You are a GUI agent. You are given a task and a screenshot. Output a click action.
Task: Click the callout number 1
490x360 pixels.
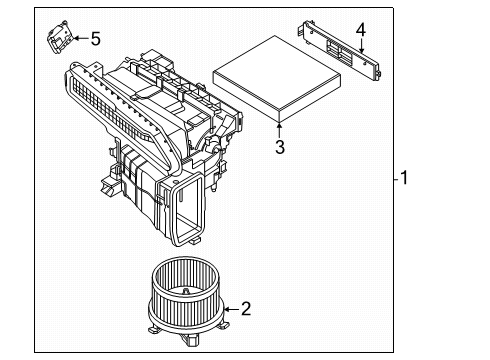pos(403,179)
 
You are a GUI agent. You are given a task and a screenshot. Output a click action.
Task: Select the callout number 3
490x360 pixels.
pos(280,148)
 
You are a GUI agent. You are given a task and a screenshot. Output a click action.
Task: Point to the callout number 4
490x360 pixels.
pos(361,29)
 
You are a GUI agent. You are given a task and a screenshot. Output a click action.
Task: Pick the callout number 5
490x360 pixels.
pos(95,39)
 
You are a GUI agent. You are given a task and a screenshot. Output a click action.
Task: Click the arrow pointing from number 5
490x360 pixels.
pos(79,39)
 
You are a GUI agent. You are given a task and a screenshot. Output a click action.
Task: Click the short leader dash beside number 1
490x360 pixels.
pos(394,179)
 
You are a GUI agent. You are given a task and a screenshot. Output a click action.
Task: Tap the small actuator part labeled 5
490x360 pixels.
pos(59,39)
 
